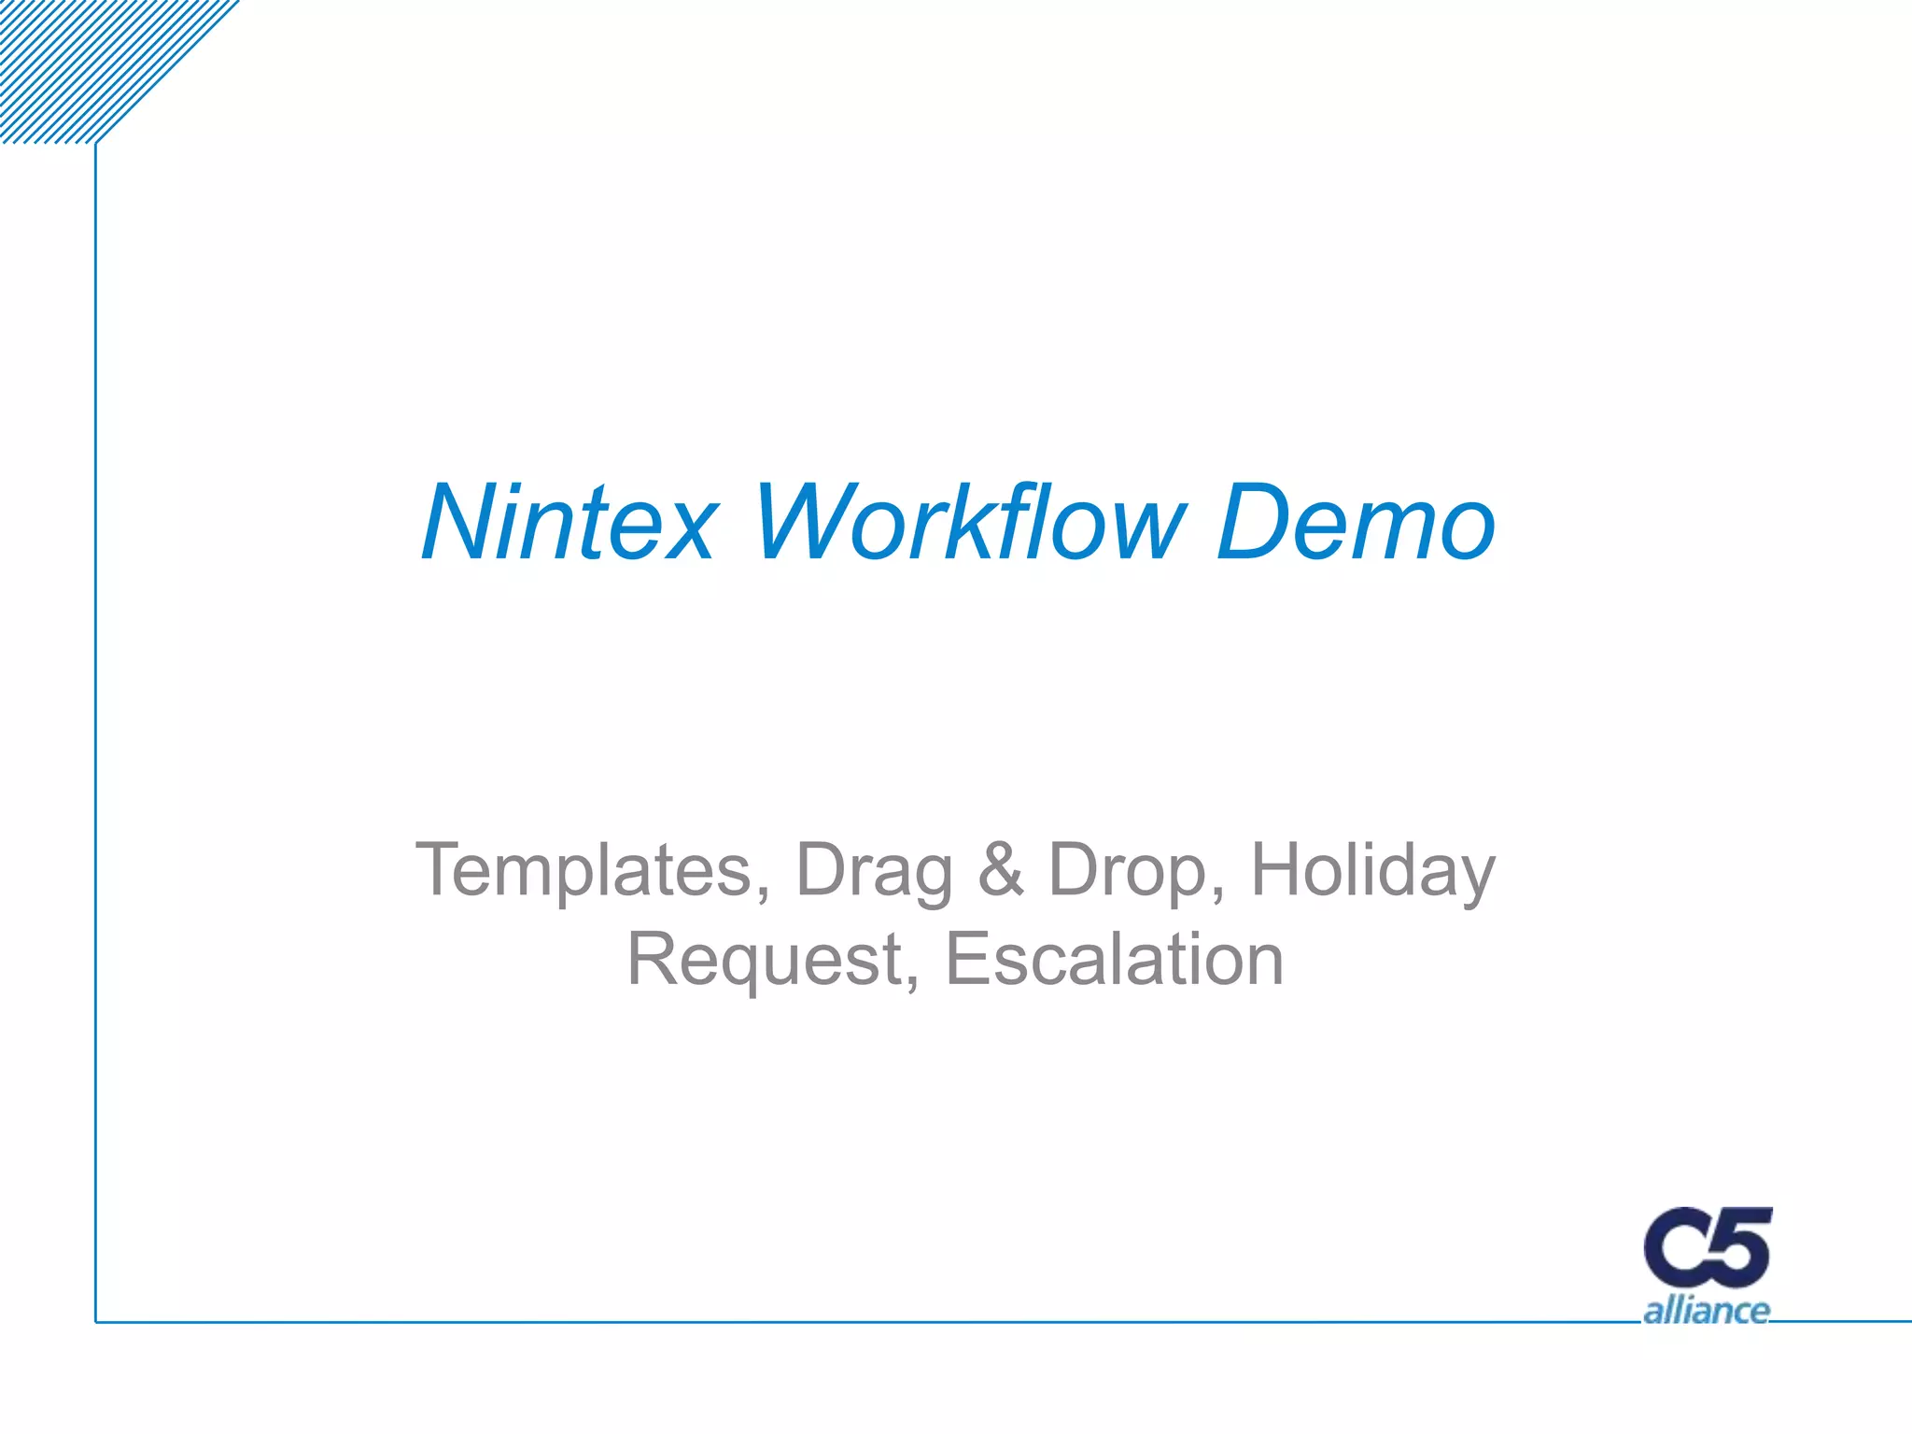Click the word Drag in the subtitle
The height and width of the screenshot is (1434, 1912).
point(874,870)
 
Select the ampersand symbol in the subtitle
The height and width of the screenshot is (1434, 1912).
point(1001,870)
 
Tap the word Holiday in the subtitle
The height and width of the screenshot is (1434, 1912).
point(1372,870)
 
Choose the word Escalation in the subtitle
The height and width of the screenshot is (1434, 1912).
point(1115,960)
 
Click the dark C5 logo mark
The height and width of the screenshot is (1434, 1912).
point(1707,1249)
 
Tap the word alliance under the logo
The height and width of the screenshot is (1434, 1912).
point(1706,1311)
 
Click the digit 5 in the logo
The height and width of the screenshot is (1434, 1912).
point(1743,1246)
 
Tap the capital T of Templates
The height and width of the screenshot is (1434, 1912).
point(441,870)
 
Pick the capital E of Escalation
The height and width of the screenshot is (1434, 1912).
point(968,960)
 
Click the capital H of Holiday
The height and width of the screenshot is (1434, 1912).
point(1279,870)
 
